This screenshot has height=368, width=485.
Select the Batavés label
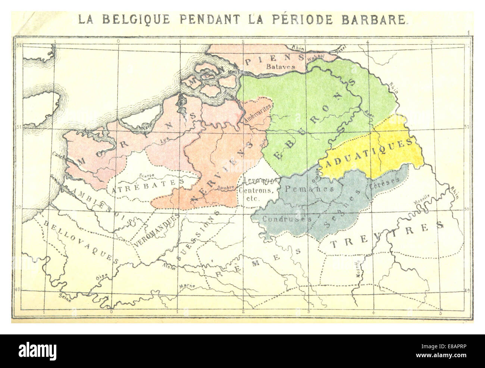point(281,67)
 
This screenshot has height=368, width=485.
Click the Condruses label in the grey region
point(287,219)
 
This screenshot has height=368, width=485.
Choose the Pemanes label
point(309,189)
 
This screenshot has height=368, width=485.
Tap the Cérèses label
point(385,181)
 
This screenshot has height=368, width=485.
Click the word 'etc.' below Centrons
point(253,199)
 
